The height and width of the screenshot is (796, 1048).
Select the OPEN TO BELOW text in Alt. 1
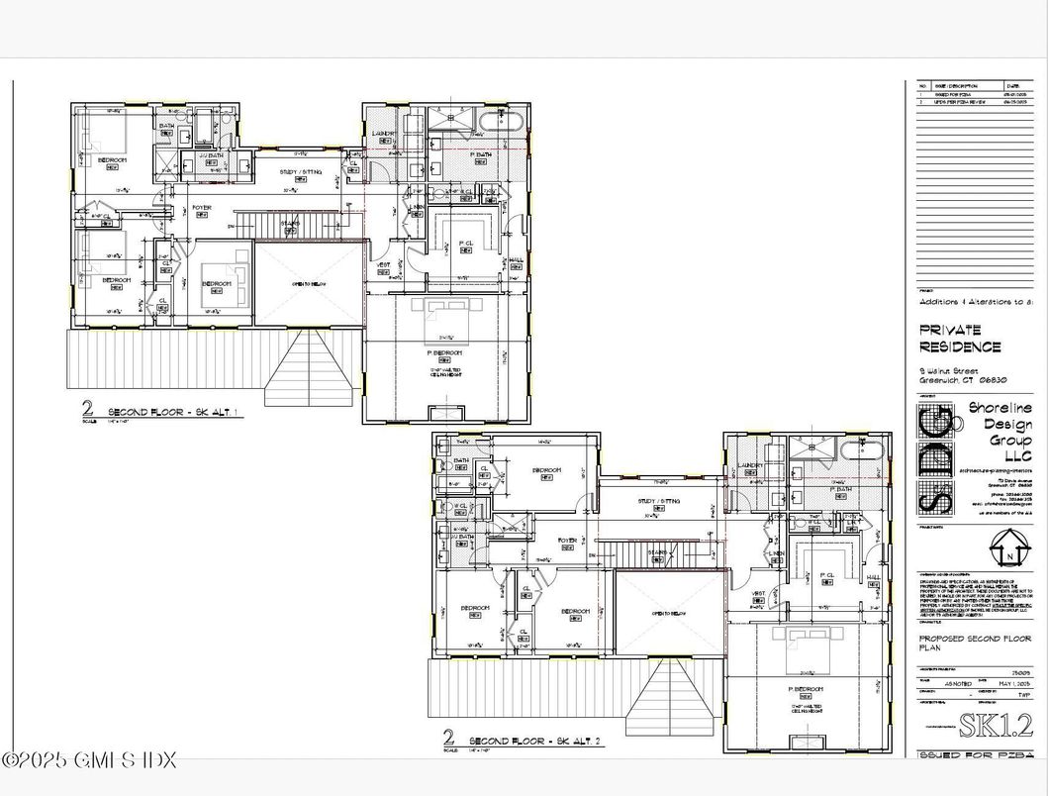308,284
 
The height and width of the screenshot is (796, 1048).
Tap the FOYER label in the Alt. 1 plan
202,208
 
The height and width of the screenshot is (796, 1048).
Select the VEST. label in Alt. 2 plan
759,594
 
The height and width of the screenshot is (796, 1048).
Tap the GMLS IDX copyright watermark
89,760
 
